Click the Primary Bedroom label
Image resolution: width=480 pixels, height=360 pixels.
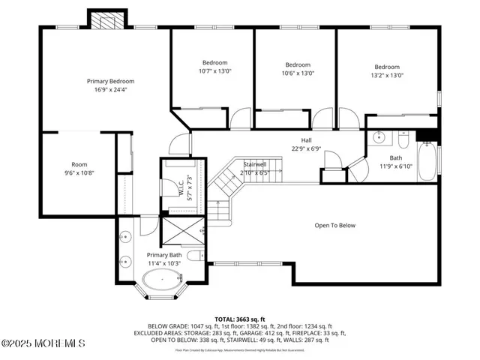click(x=110, y=81)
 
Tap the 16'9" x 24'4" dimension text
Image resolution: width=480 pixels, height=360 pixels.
click(x=110, y=90)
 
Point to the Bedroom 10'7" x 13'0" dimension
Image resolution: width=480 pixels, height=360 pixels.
click(x=215, y=72)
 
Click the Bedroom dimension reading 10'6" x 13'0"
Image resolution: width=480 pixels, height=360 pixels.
click(x=298, y=73)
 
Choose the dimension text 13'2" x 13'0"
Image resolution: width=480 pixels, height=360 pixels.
click(x=387, y=75)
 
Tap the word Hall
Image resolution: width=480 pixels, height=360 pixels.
click(x=306, y=140)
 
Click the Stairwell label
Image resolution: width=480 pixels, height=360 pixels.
click(x=255, y=164)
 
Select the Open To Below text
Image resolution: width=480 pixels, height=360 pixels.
click(x=334, y=225)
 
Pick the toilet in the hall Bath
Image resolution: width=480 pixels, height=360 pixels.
click(x=403, y=141)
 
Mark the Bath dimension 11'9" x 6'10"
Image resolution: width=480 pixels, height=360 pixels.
click(x=395, y=166)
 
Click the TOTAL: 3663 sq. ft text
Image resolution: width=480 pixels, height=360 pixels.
click(x=239, y=318)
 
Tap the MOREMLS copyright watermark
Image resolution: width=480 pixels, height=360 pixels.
click(x=43, y=343)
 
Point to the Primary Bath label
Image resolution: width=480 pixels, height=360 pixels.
click(x=163, y=256)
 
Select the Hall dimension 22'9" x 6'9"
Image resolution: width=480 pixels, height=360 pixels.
click(x=306, y=148)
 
